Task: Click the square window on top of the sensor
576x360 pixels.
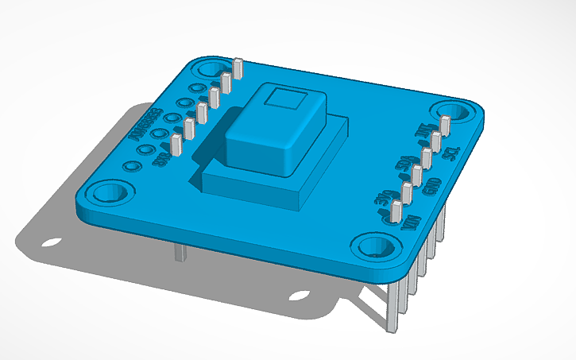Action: (x=284, y=99)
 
